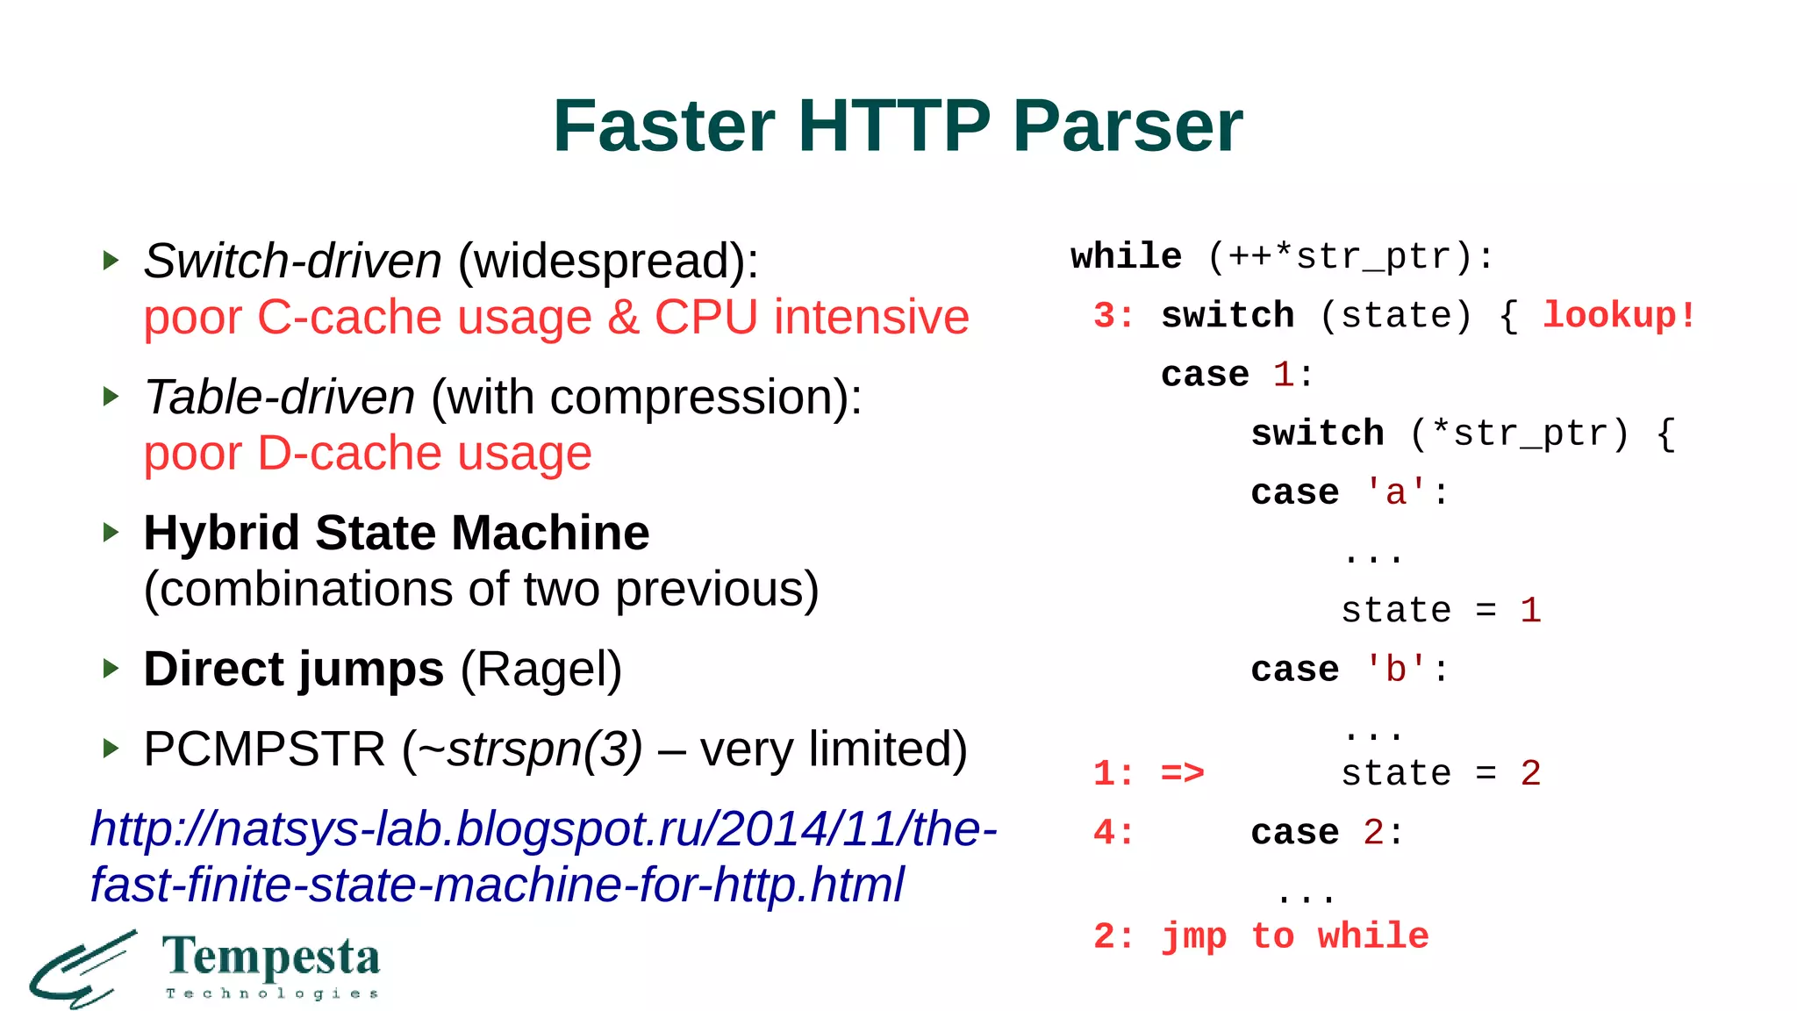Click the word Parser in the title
point(1128,125)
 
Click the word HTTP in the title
point(893,125)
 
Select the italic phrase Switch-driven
point(292,261)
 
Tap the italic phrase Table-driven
point(279,397)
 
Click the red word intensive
point(871,317)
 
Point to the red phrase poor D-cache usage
point(368,454)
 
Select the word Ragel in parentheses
point(541,670)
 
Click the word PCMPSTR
point(264,749)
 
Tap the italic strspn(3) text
point(544,749)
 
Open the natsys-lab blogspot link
point(543,856)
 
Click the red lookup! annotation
point(1619,316)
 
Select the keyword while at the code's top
point(1126,257)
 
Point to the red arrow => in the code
point(1182,773)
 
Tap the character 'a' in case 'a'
point(1395,493)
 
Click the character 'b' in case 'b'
point(1395,670)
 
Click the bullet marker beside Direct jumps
point(111,669)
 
